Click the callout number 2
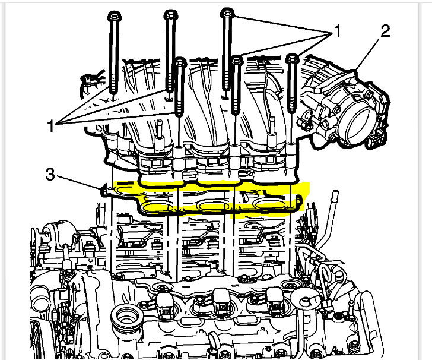pyautogui.click(x=385, y=31)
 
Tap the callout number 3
pyautogui.click(x=52, y=174)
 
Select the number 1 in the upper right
pyautogui.click(x=337, y=31)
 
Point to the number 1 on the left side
pyautogui.click(x=52, y=125)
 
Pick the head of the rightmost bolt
pyautogui.click(x=291, y=58)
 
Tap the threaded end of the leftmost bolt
pyautogui.click(x=113, y=89)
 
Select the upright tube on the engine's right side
pyautogui.click(x=336, y=202)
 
